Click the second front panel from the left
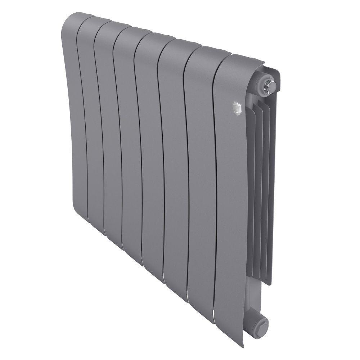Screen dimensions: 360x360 pos(92,126)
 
